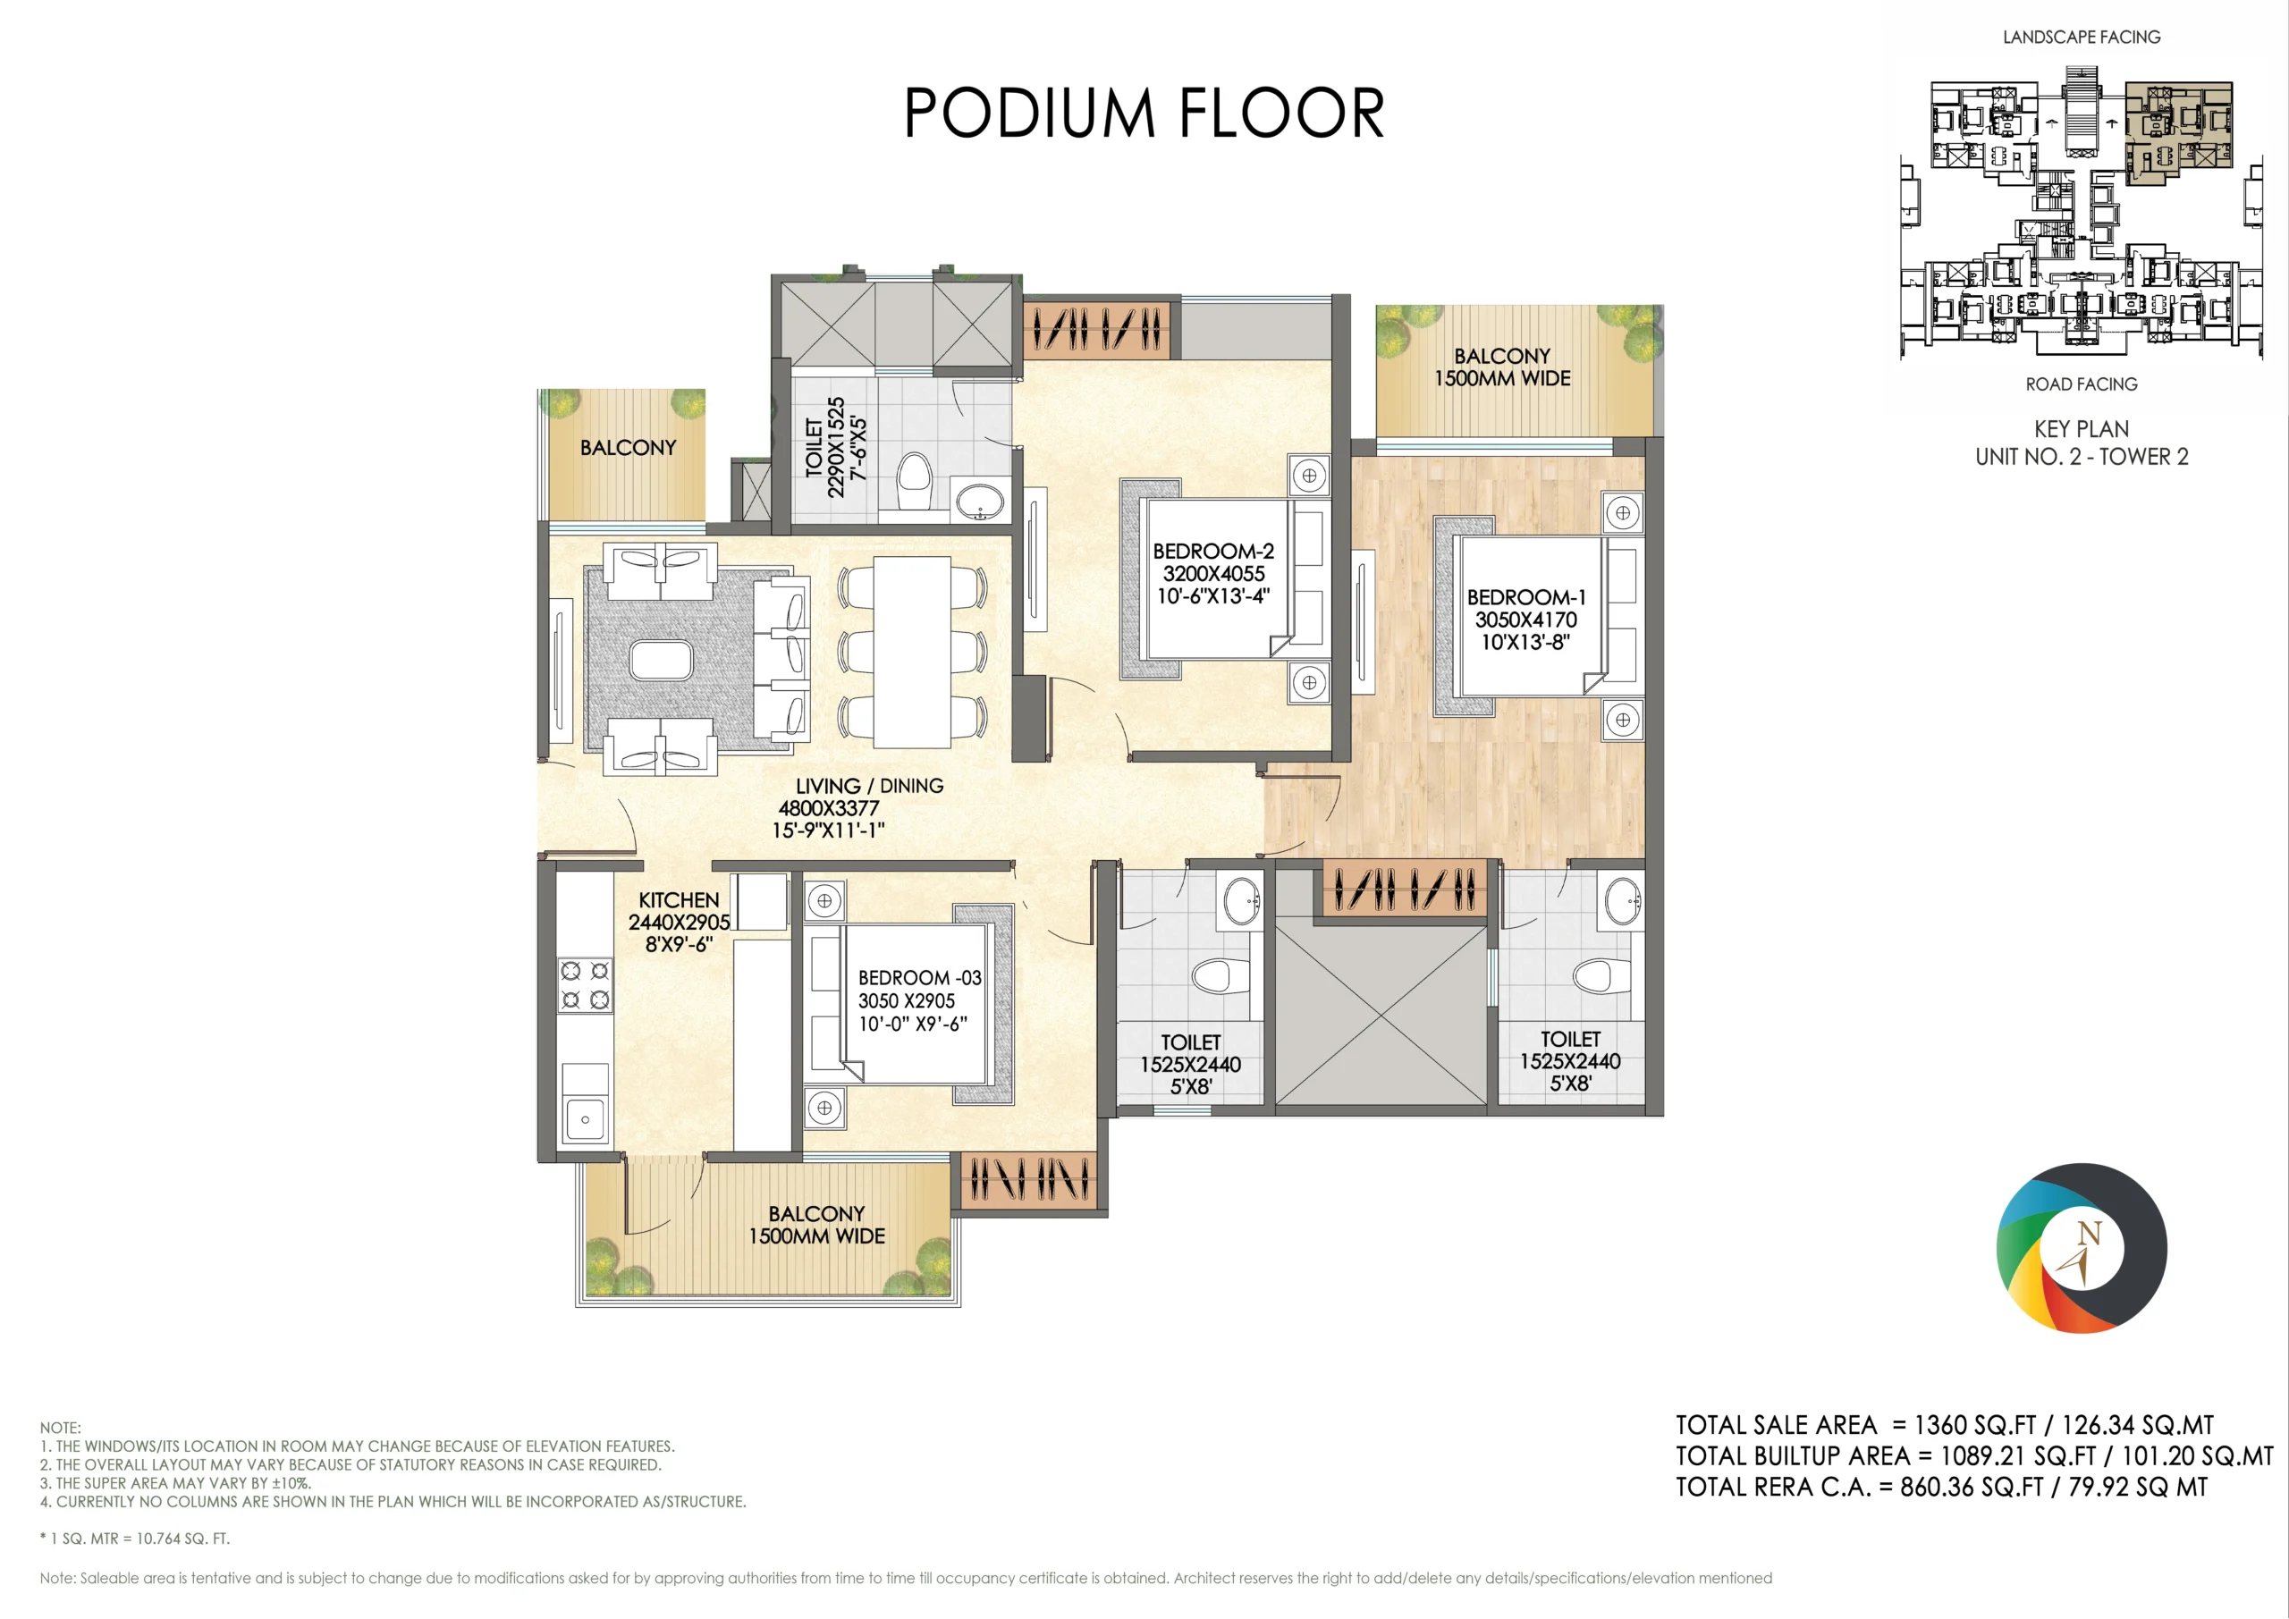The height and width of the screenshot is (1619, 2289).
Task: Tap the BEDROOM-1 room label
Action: pos(1525,597)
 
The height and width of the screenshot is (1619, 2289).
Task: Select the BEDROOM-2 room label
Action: pos(1213,552)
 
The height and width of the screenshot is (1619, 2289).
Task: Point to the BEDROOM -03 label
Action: pos(919,978)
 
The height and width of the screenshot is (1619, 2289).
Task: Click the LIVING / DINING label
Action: pos(869,786)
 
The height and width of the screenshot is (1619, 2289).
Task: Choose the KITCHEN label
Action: pos(678,900)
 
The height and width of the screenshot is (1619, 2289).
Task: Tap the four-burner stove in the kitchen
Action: pos(585,985)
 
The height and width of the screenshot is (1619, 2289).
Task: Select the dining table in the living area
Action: pos(912,652)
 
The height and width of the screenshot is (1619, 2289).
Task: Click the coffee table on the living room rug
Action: pos(660,661)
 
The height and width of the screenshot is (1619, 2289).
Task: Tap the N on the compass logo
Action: pos(2090,1235)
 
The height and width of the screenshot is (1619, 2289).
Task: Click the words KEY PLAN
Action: pos(2082,430)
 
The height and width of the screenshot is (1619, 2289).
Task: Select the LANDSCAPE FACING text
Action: pos(2082,38)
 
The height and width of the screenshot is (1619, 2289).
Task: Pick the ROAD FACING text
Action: pos(2082,384)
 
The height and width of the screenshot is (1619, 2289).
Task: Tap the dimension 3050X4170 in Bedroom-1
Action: pos(1525,620)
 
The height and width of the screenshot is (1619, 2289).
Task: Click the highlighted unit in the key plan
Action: pos(2179,133)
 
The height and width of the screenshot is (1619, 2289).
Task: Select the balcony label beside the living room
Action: pos(628,448)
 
